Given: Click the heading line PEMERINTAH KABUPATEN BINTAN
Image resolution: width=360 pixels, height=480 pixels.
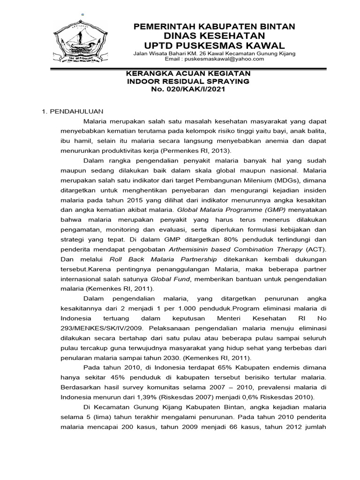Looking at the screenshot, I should point(214,27).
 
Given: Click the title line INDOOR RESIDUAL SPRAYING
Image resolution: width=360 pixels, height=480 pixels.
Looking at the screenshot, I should point(189,82).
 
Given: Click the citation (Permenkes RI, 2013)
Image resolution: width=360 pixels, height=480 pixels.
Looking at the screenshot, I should point(196,150).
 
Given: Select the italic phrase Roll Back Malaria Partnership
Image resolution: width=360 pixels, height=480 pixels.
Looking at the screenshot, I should point(163,259).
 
